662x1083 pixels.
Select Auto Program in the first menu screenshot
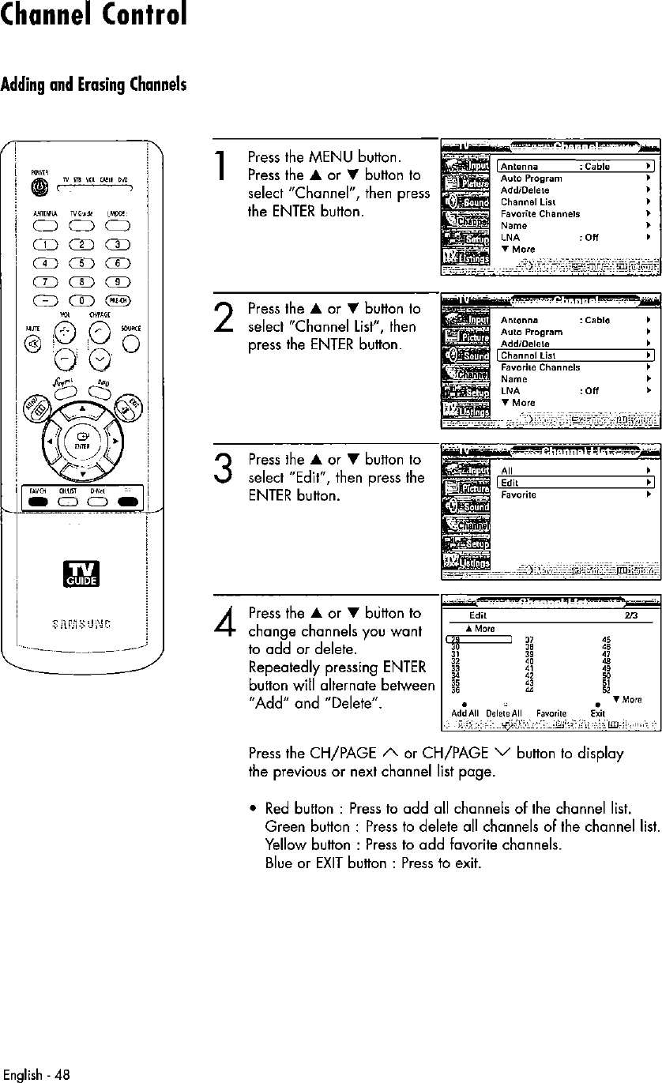532,179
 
